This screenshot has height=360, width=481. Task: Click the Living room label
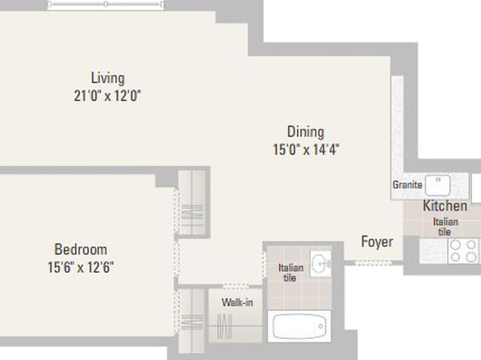tap(107, 78)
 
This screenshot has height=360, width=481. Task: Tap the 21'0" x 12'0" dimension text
tap(107, 96)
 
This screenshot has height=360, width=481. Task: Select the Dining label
tap(306, 132)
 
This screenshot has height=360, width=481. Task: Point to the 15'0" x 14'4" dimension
tap(306, 150)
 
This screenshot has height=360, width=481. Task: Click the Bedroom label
tap(81, 249)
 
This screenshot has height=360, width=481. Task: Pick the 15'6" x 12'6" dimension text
tap(81, 267)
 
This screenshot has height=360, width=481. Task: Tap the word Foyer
tap(377, 242)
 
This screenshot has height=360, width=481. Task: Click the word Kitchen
tap(445, 206)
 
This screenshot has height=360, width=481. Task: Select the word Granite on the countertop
tap(408, 185)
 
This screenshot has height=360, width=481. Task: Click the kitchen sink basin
tap(438, 186)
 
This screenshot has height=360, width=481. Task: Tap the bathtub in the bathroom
tap(299, 327)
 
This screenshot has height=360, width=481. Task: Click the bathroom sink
tap(321, 263)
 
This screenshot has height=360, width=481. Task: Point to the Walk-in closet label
tap(237, 303)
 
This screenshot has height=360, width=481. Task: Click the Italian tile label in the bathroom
tap(291, 273)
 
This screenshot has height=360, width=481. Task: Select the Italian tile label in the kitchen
tap(445, 227)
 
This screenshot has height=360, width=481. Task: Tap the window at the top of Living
tap(106, 4)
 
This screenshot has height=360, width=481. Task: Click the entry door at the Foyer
tap(374, 262)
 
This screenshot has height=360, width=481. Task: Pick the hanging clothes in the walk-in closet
tap(224, 326)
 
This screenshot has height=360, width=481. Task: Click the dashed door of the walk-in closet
tap(236, 287)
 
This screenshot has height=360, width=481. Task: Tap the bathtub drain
tap(320, 326)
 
